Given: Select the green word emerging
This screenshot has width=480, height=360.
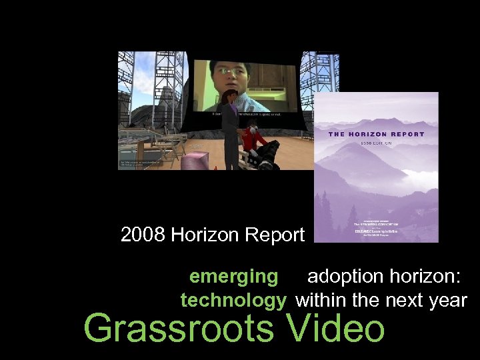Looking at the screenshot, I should (233, 276).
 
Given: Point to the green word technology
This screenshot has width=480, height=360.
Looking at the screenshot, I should (233, 301).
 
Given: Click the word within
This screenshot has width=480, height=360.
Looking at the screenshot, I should (321, 301).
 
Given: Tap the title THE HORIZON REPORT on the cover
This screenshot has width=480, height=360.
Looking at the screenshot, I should (376, 134).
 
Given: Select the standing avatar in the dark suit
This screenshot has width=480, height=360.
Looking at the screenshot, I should (230, 130).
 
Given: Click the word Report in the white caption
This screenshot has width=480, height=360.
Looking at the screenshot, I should (276, 235).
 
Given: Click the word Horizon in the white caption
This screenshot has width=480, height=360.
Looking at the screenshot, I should (206, 235).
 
